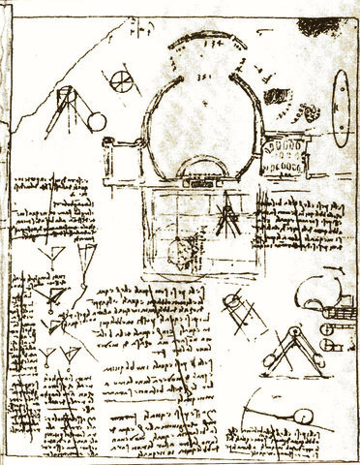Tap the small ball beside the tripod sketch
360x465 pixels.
[x=98, y=121]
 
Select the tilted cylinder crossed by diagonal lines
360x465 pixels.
[x=239, y=309]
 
